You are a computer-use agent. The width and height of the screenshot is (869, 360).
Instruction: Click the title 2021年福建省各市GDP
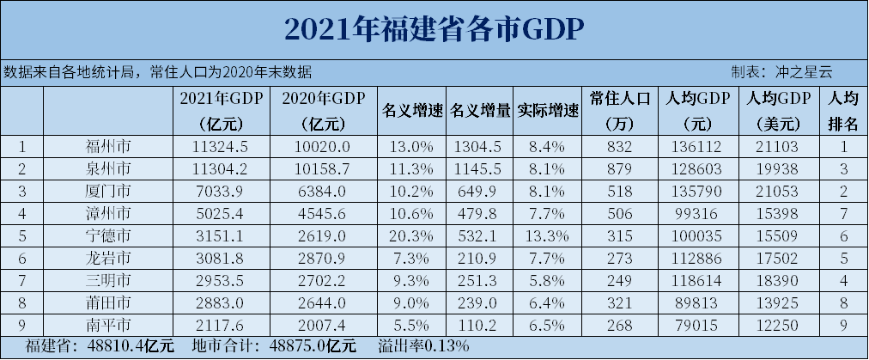[x=434, y=28]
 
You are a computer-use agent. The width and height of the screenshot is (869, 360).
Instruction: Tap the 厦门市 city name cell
[x=108, y=189]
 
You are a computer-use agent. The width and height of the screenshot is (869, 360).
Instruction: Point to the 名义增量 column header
[x=481, y=110]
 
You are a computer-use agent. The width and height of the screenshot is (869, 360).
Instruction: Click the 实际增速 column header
[x=548, y=110]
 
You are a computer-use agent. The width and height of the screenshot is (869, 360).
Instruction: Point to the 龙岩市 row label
[x=108, y=257]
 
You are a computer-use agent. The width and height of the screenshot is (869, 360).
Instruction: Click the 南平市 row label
[x=108, y=325]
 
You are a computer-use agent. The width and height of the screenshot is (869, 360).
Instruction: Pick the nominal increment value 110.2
[x=481, y=325]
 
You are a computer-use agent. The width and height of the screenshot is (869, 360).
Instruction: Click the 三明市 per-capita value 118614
[x=694, y=279]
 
